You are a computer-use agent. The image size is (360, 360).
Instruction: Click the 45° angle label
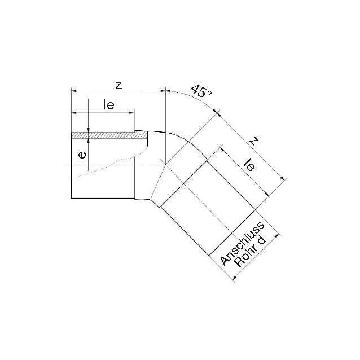tap(201, 91)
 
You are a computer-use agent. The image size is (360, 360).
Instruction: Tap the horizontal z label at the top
tap(118, 86)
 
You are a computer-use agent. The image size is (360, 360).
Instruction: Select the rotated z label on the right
tap(253, 141)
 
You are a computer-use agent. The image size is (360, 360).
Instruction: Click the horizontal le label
tap(108, 105)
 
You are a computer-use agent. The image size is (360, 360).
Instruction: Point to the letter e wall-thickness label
tap(82, 155)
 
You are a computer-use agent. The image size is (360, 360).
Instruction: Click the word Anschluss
tap(242, 244)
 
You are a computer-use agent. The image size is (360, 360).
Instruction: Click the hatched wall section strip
tap(109, 135)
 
